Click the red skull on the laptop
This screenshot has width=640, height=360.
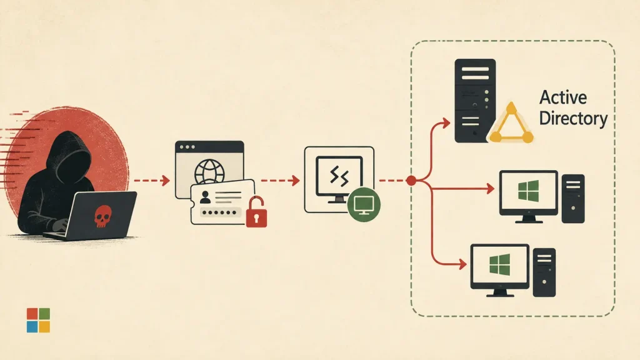[x=102, y=216]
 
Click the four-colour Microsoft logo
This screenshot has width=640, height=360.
[x=38, y=321]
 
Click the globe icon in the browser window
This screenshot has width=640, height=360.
[x=209, y=172]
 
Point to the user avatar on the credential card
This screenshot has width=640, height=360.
[x=205, y=197]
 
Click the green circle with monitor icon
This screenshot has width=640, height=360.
[x=364, y=204]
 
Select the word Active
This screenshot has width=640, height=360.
[x=563, y=97]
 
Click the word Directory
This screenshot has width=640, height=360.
[x=573, y=118]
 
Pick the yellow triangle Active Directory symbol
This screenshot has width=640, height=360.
[x=511, y=124]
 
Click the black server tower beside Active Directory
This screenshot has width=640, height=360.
[x=475, y=101]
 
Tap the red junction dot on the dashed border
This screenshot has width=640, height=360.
[x=411, y=181]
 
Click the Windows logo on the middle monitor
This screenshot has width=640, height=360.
[x=528, y=191]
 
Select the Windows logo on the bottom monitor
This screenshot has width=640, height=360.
[x=499, y=264]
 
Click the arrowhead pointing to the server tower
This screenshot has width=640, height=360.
[x=446, y=122]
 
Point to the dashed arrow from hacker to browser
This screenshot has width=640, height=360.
[x=151, y=180]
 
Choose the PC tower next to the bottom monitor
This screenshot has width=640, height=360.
[x=544, y=272]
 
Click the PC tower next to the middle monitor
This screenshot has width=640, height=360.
[x=573, y=199]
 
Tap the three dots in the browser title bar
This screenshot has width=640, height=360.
[x=187, y=147]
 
